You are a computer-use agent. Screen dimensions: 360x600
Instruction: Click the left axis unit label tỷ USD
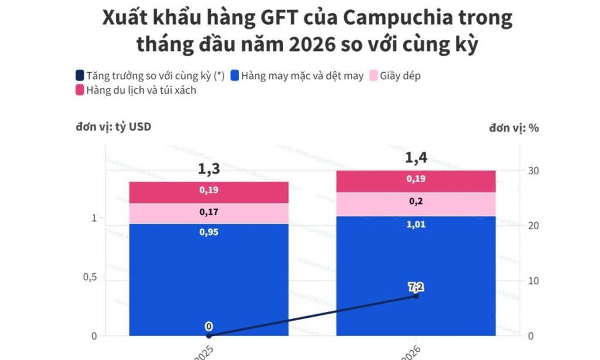click(113, 126)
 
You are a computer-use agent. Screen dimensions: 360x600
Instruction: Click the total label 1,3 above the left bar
click(209, 169)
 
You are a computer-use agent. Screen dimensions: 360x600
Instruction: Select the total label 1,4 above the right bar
click(416, 158)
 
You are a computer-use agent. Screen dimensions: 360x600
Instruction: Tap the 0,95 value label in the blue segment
click(209, 232)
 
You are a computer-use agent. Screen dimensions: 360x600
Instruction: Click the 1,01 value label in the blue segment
click(416, 225)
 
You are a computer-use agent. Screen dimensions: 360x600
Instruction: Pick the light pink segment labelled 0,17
click(209, 213)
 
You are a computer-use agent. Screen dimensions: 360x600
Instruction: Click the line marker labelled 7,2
click(416, 296)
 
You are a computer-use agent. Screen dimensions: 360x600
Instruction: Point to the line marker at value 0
click(209, 336)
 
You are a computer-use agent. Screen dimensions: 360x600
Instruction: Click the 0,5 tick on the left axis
click(90, 277)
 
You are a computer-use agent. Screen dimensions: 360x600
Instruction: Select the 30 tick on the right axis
click(533, 171)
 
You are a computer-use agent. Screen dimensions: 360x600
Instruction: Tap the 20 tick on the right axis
click(533, 226)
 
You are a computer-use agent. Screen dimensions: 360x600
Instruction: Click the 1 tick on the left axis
click(93, 218)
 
